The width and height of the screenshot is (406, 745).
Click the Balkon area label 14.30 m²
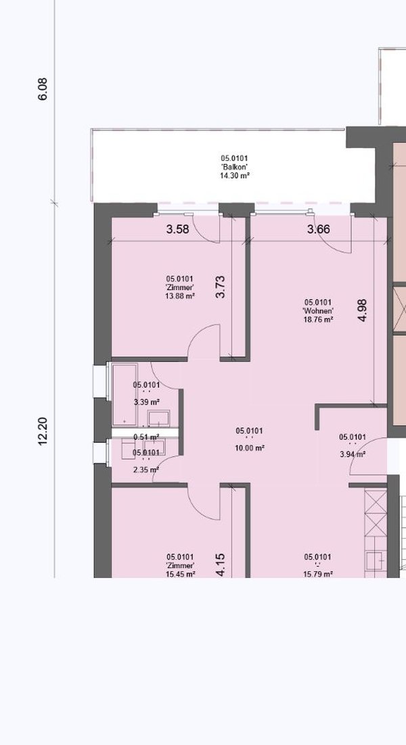coord(235,175)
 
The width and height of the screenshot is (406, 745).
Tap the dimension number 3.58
coord(177,229)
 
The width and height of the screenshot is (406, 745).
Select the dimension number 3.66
coord(319,229)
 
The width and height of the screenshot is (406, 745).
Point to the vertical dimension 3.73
coord(220,287)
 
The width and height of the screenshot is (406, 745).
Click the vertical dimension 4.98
coord(363,311)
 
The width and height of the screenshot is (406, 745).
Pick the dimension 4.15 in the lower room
coord(220,565)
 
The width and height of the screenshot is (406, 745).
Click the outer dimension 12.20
coord(43,431)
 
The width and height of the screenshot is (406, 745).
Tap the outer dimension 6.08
coord(43,89)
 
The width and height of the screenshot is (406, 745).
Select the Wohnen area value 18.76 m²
coord(318,320)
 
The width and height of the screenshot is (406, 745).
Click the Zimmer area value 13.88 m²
coord(180,296)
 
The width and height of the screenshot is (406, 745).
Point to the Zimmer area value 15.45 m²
coord(181,574)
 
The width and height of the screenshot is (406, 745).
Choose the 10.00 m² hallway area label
coord(250,448)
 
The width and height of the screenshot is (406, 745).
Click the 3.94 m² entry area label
coord(353,454)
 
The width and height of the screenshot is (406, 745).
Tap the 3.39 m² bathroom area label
coord(146,402)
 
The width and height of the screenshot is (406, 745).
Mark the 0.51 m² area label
coord(146,437)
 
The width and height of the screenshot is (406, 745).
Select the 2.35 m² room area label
coord(146,470)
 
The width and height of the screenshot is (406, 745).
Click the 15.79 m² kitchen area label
coord(318,574)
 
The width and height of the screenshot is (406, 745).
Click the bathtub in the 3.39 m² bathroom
coord(125,394)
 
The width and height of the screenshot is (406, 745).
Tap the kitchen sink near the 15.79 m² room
coord(376,561)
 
